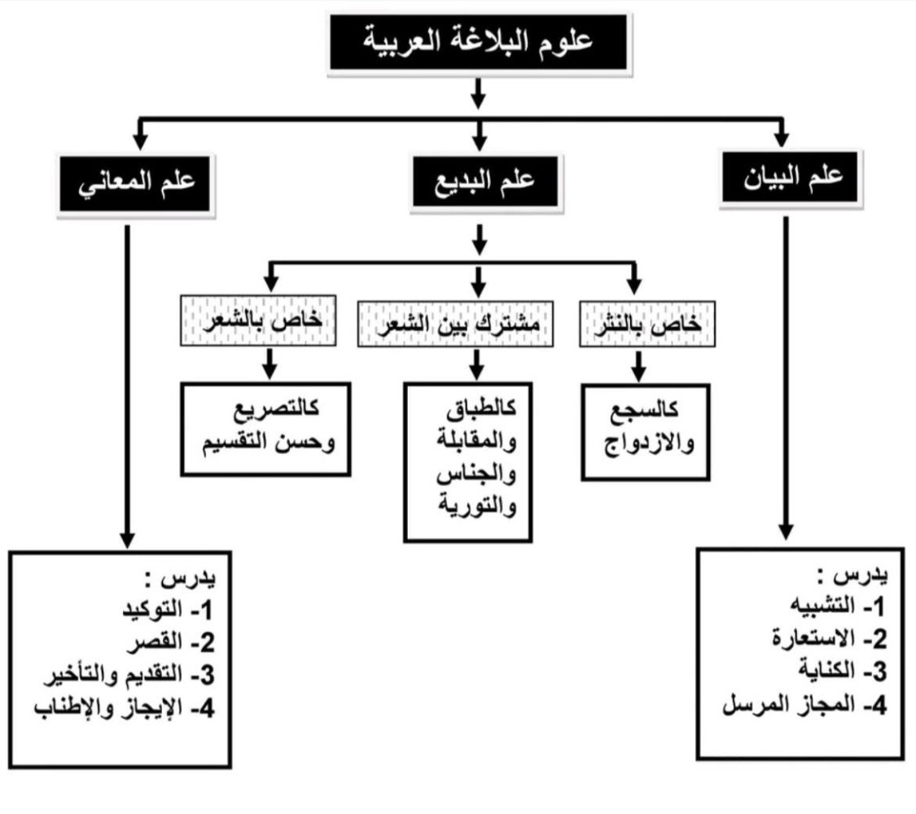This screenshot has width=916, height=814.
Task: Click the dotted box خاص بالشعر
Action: pyautogui.click(x=258, y=321)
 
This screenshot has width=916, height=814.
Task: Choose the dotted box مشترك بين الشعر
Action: pyautogui.click(x=456, y=324)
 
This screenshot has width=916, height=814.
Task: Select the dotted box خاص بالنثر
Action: pyautogui.click(x=647, y=324)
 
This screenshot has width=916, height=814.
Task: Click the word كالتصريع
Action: pyautogui.click(x=276, y=408)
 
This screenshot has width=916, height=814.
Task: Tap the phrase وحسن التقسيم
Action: pyautogui.click(x=269, y=442)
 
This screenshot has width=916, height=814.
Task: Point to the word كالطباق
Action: pyautogui.click(x=480, y=408)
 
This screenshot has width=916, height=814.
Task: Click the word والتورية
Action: pyautogui.click(x=477, y=505)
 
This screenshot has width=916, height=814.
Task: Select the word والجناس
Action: pyautogui.click(x=476, y=474)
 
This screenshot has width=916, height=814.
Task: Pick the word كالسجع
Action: pyautogui.click(x=644, y=410)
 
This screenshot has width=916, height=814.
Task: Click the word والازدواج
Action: pyautogui.click(x=649, y=443)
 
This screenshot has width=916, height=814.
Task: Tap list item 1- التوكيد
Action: pyautogui.click(x=167, y=610)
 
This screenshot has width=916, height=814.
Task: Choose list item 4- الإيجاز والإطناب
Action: pyautogui.click(x=125, y=708)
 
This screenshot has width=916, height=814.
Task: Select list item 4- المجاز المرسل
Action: pyautogui.click(x=805, y=705)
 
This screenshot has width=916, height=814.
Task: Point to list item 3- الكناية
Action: pyautogui.click(x=843, y=671)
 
